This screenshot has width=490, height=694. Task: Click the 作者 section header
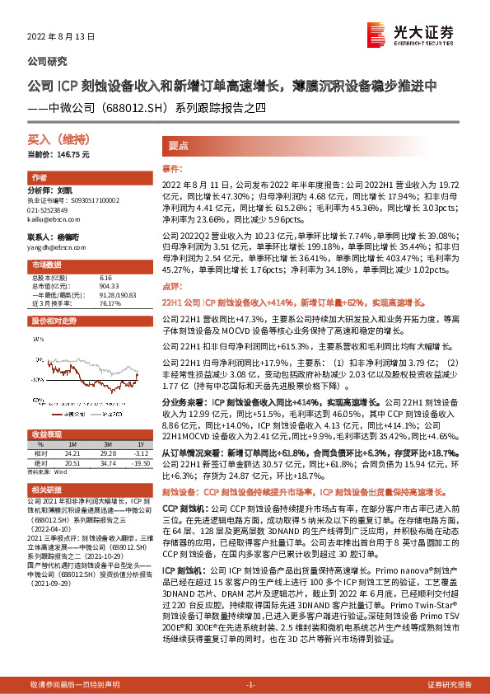(x=40, y=178)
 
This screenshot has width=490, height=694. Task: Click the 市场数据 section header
(x=47, y=265)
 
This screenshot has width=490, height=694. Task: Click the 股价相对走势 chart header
(x=54, y=321)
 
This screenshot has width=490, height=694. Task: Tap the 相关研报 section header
(x=47, y=490)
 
